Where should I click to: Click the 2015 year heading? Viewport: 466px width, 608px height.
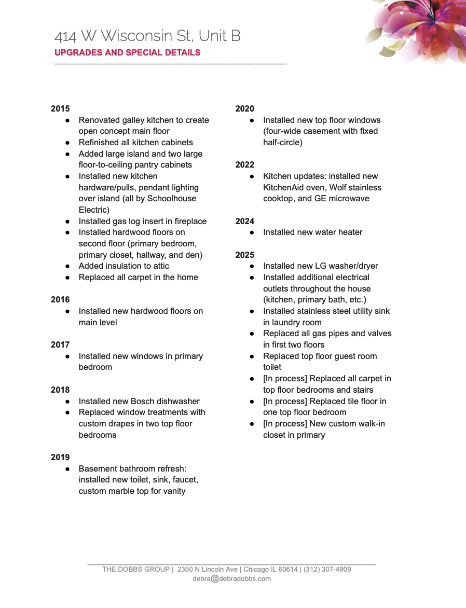pos(60,109)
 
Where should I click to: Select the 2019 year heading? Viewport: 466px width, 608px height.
pos(60,457)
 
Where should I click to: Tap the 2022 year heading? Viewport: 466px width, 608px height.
pos(245,165)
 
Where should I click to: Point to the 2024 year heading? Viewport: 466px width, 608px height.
pos(245,222)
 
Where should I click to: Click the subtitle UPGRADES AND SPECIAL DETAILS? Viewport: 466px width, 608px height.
pos(128,52)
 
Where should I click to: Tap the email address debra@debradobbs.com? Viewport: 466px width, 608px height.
pos(231,579)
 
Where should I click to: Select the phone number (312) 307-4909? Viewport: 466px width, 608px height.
pos(327,569)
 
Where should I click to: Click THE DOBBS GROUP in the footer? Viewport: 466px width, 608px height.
pos(136,569)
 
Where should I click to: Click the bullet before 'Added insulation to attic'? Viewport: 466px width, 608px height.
pos(67,266)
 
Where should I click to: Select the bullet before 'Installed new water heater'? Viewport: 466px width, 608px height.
pos(252,232)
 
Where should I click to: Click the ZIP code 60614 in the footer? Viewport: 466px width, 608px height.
pos(289,569)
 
